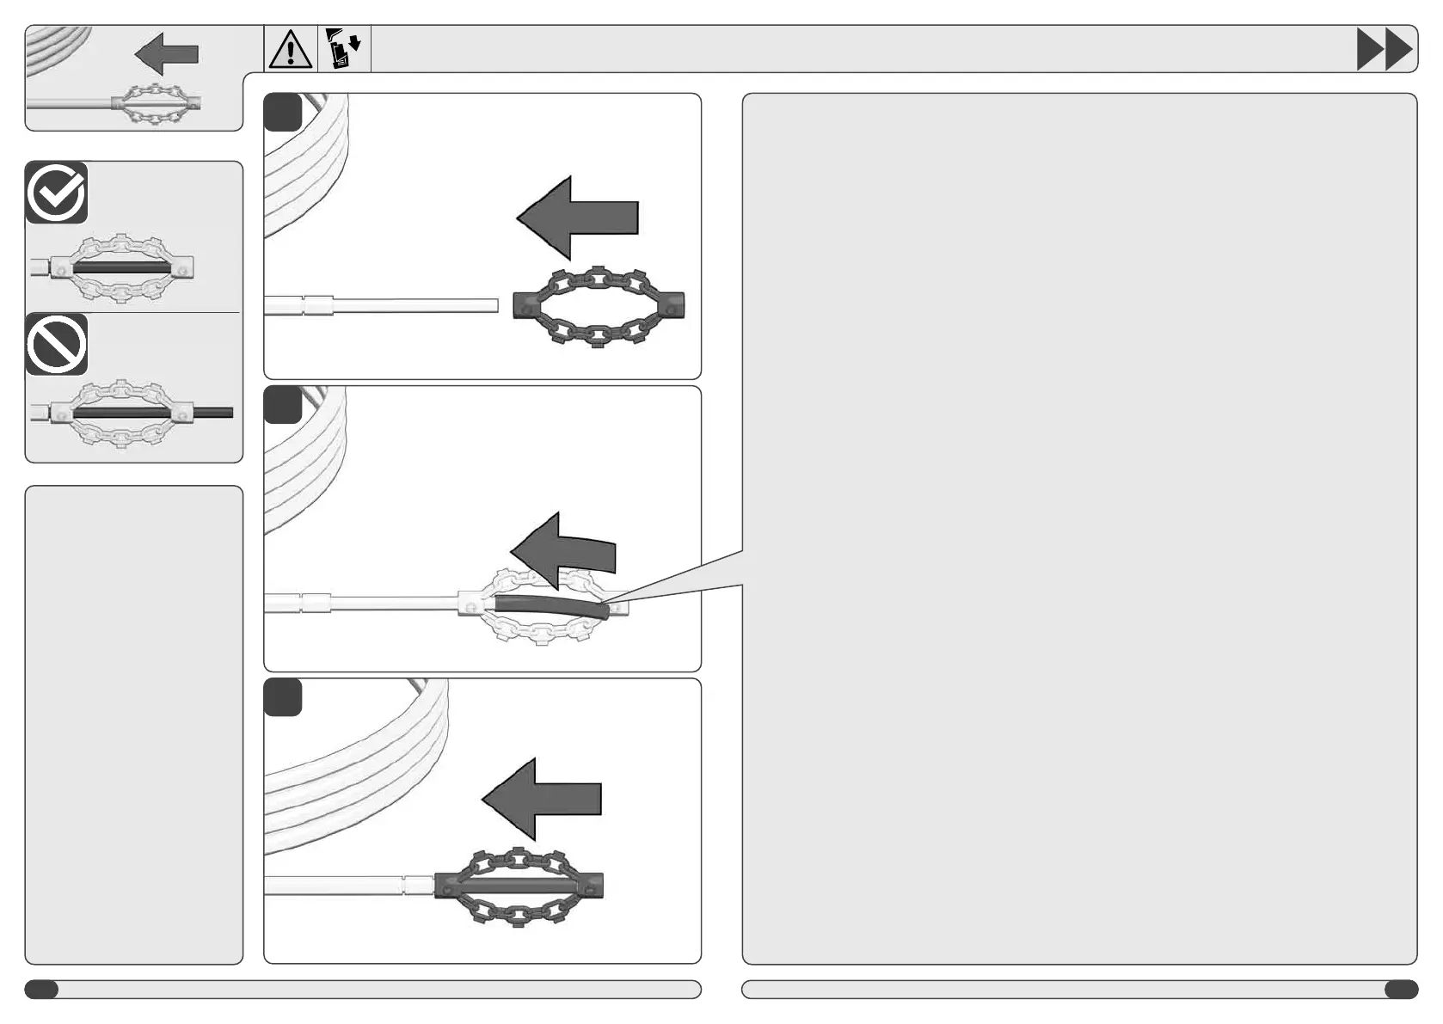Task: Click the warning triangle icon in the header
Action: pyautogui.click(x=291, y=49)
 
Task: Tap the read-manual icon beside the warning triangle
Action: pyautogui.click(x=345, y=49)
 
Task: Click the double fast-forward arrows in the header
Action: pyautogui.click(x=1384, y=49)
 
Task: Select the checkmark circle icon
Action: pyautogui.click(x=57, y=193)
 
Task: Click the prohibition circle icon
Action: pyautogui.click(x=57, y=345)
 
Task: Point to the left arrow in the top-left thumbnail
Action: pyautogui.click(x=167, y=54)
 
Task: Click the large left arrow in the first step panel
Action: pyautogui.click(x=577, y=218)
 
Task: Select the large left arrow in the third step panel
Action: pyautogui.click(x=542, y=799)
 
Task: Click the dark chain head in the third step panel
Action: pyautogui.click(x=519, y=886)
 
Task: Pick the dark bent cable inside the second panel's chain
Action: pyautogui.click(x=550, y=607)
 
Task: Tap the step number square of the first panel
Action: pyautogui.click(x=283, y=113)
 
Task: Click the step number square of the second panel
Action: pyautogui.click(x=283, y=405)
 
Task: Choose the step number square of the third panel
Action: pyautogui.click(x=283, y=697)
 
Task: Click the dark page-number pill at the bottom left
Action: pyautogui.click(x=41, y=990)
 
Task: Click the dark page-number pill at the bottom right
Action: pyautogui.click(x=1401, y=990)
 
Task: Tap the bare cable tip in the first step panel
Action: pyautogui.click(x=482, y=305)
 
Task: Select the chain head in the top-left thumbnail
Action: pyautogui.click(x=156, y=105)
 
